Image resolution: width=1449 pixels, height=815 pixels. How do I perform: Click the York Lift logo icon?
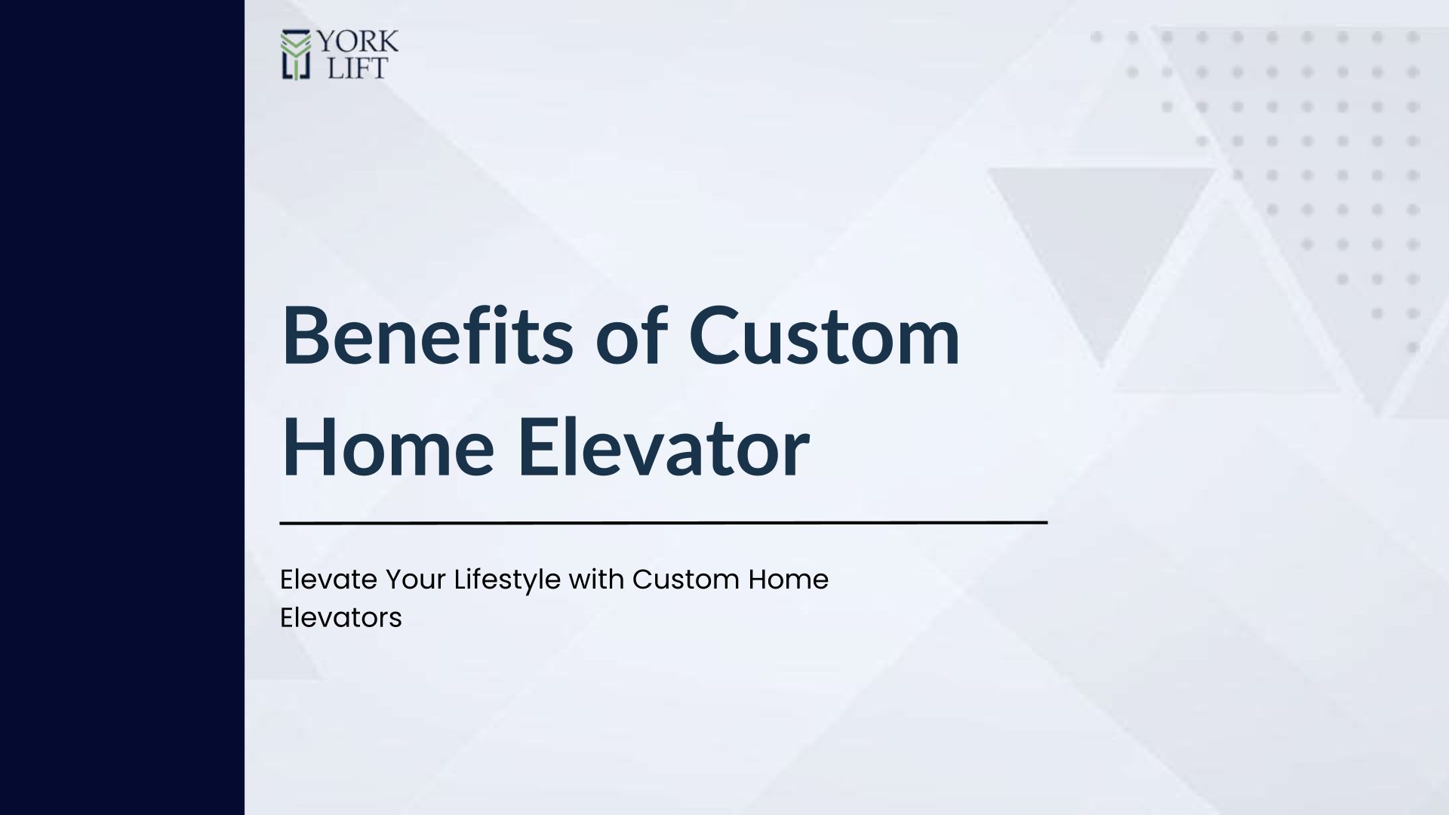point(296,55)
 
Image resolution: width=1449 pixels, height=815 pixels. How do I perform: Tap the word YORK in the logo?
point(357,42)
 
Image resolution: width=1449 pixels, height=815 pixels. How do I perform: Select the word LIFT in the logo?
point(358,68)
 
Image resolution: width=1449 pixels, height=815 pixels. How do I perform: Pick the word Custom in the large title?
point(824,337)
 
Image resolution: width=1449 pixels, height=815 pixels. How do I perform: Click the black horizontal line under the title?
point(663,522)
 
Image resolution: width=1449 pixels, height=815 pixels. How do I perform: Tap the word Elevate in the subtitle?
point(328,580)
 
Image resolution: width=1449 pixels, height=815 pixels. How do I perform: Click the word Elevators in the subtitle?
point(341,618)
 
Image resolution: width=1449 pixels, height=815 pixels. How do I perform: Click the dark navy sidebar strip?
point(122,407)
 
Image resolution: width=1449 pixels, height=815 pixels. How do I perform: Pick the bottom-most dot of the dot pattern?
point(1413,348)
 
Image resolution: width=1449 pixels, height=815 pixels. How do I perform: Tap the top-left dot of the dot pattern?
point(1097,37)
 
